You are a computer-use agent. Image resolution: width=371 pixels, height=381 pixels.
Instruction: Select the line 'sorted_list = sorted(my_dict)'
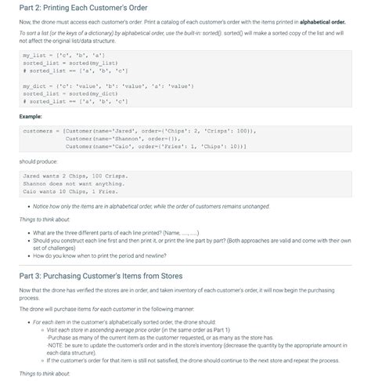point(70,93)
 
